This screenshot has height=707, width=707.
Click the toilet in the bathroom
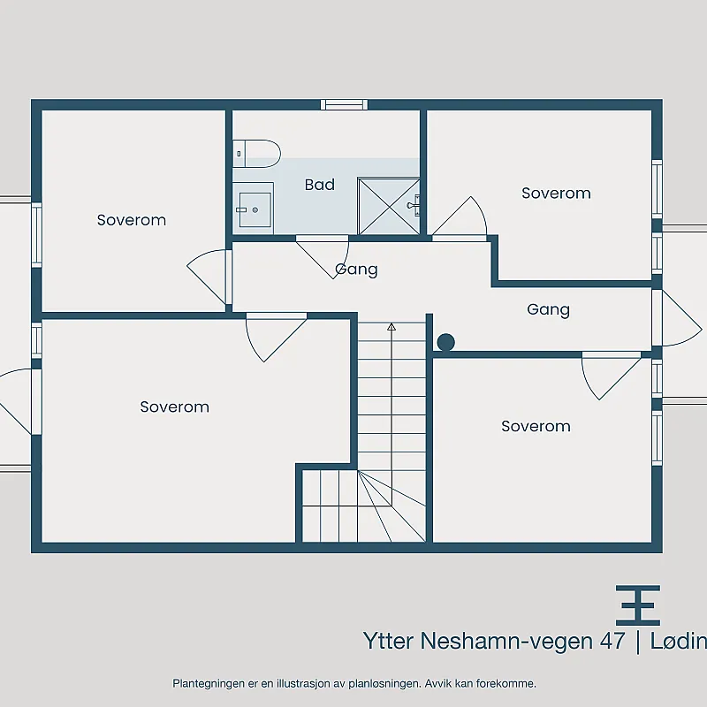[256, 154]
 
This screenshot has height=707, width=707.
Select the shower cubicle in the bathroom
[389, 207]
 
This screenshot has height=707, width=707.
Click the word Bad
[320, 185]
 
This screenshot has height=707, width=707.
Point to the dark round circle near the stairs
[445, 342]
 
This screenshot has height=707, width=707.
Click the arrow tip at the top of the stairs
[392, 323]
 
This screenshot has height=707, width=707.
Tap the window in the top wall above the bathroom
[344, 104]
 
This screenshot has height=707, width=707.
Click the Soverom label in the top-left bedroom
[132, 220]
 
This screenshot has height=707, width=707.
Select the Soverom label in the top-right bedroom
[556, 193]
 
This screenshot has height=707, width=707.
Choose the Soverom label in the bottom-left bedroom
[174, 407]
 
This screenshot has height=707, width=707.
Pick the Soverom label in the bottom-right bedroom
[536, 426]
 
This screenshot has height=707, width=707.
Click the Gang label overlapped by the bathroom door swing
[356, 270]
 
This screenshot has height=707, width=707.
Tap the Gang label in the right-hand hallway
[548, 310]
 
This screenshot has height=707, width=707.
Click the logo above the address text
[637, 605]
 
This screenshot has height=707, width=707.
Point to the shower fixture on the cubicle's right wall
[414, 205]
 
